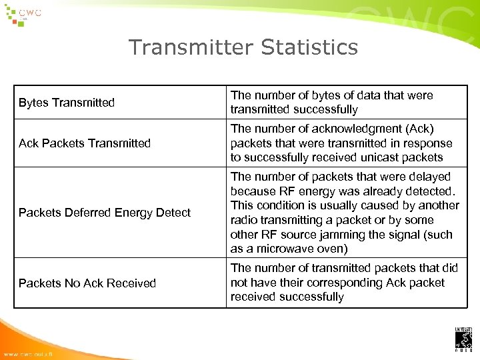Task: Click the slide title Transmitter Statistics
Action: (x=243, y=47)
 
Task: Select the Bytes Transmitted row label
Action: (x=67, y=103)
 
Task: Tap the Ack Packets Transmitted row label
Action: (x=85, y=143)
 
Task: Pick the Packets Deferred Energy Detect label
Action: (x=105, y=213)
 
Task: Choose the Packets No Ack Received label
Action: (x=87, y=283)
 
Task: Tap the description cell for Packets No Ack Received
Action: (x=344, y=283)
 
